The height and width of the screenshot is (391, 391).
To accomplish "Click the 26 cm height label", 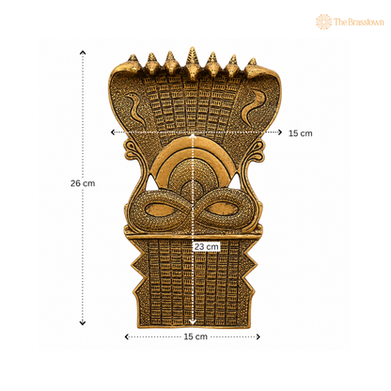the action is tap(83, 183).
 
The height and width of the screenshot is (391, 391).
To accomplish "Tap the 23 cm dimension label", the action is tap(206, 247).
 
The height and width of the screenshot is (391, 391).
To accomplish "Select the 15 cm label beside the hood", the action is tap(300, 133).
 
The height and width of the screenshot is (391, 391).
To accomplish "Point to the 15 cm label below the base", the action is tap(195, 336).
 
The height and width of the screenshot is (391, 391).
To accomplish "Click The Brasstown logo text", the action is tap(359, 22).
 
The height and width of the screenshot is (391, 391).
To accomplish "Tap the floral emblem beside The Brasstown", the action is tap(323, 22).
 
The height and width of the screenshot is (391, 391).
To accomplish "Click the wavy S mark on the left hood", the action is tap(134, 108).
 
